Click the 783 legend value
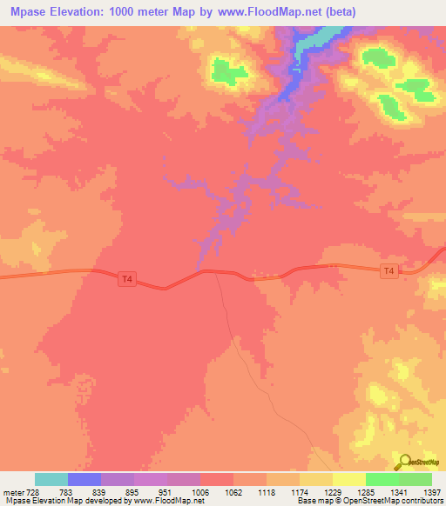pyautogui.click(x=64, y=492)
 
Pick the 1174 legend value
pyautogui.click(x=299, y=492)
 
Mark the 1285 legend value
pyautogui.click(x=365, y=492)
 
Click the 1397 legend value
pyautogui.click(x=431, y=492)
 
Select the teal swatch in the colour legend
pyautogui.click(x=51, y=479)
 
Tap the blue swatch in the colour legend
pyautogui.click(x=84, y=479)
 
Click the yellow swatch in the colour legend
pyautogui.click(x=348, y=479)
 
